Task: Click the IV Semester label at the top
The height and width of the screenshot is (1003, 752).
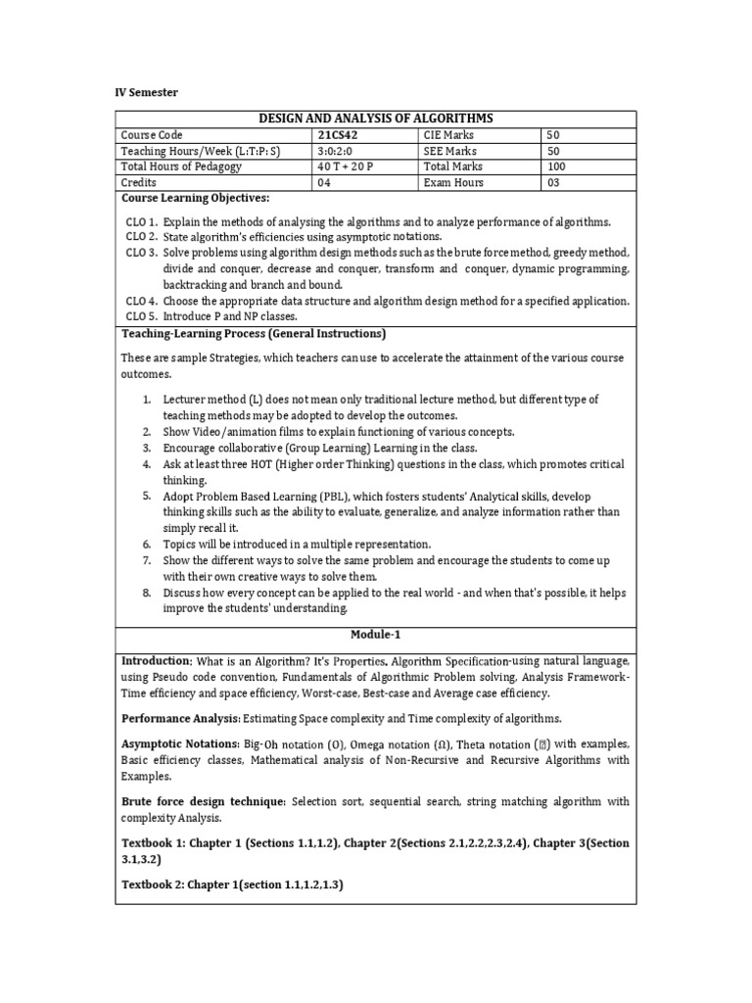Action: pyautogui.click(x=147, y=91)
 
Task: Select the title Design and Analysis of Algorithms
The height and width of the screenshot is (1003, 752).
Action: pyautogui.click(x=375, y=119)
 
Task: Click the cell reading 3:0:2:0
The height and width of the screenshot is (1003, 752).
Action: pyautogui.click(x=339, y=151)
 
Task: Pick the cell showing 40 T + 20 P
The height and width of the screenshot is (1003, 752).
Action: pyautogui.click(x=346, y=167)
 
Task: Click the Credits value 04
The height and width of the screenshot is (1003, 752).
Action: pyautogui.click(x=325, y=182)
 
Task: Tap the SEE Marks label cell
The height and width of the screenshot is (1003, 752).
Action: pyautogui.click(x=450, y=151)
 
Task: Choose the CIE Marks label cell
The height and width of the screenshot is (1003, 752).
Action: pyautogui.click(x=449, y=135)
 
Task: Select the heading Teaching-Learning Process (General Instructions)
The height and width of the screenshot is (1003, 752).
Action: pyautogui.click(x=253, y=334)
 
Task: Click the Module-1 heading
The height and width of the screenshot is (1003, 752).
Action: pyautogui.click(x=375, y=634)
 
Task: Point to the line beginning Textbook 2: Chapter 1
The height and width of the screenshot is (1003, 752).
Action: pyautogui.click(x=232, y=884)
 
